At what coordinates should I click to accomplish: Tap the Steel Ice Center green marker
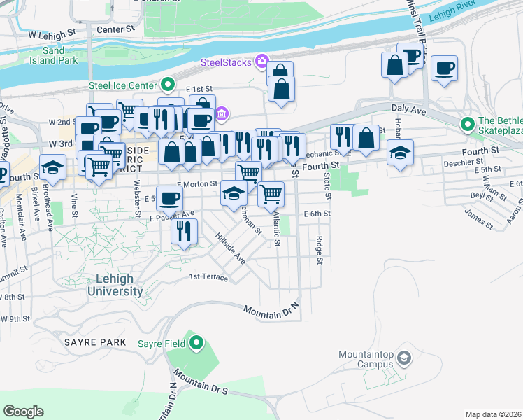[168, 85]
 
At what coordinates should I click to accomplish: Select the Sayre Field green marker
[196, 343]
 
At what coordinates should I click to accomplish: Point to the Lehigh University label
[116, 285]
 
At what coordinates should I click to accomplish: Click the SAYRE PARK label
[95, 342]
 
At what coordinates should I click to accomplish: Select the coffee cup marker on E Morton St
[169, 199]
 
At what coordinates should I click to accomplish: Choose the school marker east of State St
[400, 153]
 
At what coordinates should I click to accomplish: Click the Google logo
[24, 412]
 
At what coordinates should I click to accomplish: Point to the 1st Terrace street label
[208, 278]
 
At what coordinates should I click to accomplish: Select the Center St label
[115, 30]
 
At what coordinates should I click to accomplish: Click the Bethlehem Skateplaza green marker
[467, 125]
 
